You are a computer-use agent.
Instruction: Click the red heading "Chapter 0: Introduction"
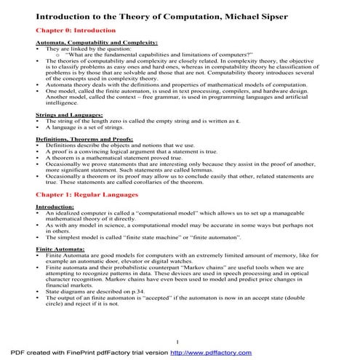pos(76,31)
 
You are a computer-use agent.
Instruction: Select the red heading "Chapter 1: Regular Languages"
pos(89,195)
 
